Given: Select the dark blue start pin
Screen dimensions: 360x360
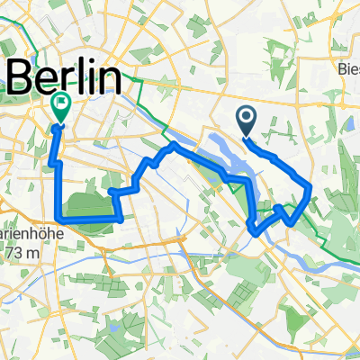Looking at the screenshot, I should click(x=247, y=120).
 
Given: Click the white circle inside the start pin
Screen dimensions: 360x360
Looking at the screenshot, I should click(x=247, y=115).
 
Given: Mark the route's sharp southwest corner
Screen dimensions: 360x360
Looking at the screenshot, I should click(x=59, y=218).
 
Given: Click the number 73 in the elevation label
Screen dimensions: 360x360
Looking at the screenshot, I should click(x=13, y=255).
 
